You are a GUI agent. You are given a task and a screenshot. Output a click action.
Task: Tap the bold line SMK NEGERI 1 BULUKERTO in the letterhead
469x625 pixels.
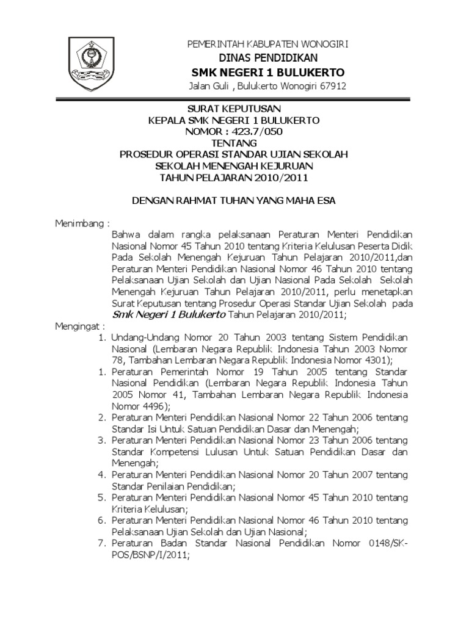click(x=267, y=72)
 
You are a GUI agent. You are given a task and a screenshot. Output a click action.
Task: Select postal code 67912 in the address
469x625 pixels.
click(x=332, y=86)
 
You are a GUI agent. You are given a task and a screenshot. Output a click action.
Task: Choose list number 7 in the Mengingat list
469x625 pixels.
click(x=102, y=543)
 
